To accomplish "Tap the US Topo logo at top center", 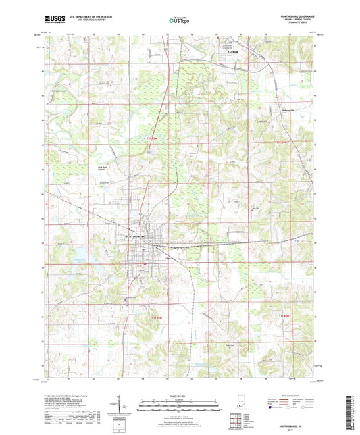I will pos(179,21).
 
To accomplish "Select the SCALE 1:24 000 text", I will pos(179,396).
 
